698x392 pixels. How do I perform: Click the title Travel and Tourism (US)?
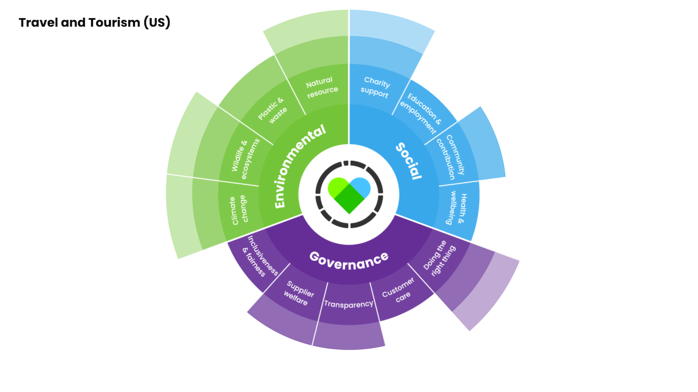(x=94, y=22)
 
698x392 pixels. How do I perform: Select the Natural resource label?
(x=322, y=87)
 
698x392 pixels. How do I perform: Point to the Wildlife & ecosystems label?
(x=245, y=158)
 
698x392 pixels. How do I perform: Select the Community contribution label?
(x=450, y=157)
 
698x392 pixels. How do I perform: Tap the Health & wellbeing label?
(x=456, y=208)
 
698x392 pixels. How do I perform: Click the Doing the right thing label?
(x=439, y=258)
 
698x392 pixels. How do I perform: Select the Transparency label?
(x=349, y=304)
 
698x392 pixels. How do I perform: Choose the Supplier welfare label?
(x=298, y=293)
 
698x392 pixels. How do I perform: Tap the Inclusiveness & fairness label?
(x=260, y=257)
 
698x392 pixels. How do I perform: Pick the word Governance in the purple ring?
(x=349, y=260)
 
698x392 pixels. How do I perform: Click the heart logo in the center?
(x=349, y=194)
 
